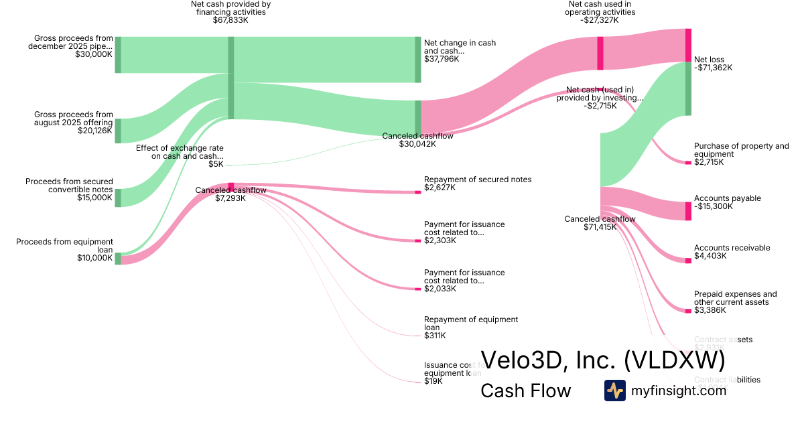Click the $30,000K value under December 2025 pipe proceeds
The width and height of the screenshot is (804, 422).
94,55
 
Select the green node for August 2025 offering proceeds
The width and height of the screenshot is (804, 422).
118,131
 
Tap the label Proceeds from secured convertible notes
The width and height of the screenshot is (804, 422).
69,186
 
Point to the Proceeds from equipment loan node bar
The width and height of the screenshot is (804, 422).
118,259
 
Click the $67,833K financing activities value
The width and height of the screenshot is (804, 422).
230,20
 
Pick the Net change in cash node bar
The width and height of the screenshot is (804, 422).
417,60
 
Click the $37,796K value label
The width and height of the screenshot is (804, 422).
442,59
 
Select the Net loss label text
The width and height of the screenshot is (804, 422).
709,59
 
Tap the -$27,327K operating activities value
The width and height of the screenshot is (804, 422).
600,20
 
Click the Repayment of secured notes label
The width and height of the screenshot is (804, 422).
477,180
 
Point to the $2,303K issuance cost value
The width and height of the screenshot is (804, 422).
440,240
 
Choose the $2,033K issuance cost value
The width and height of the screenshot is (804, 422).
440,289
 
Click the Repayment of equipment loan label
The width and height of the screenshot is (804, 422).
470,324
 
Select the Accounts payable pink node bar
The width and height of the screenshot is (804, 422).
688,211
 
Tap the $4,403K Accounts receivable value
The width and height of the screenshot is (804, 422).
710,256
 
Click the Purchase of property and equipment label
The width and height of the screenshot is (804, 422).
741,150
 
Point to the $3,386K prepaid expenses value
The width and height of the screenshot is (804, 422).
710,310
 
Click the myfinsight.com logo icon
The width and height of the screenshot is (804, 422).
614,391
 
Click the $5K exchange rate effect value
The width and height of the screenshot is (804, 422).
215,164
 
